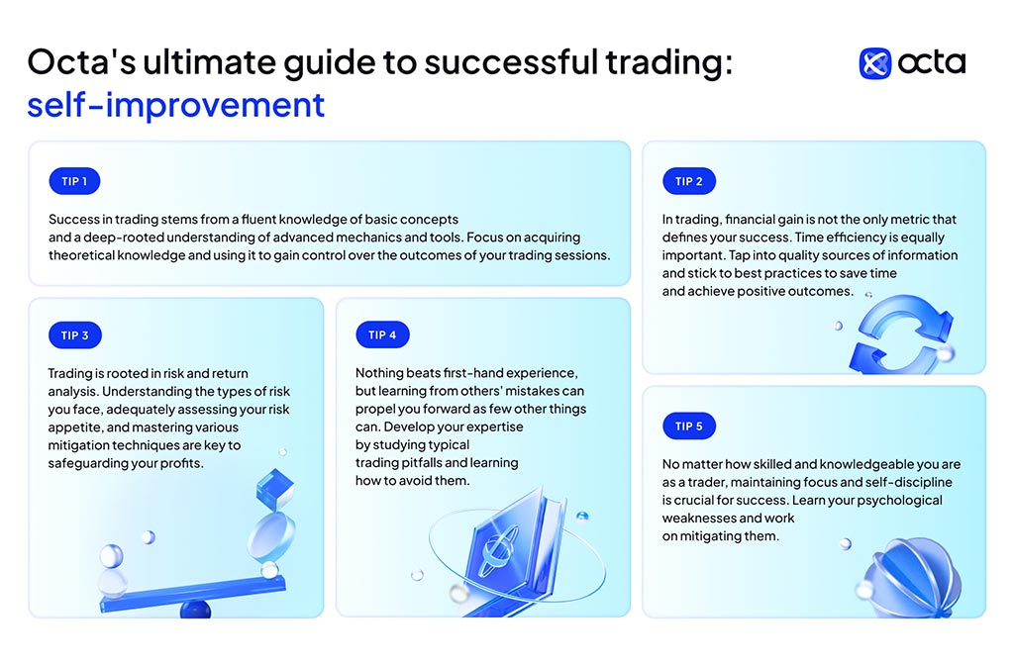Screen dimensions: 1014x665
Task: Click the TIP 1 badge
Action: pos(74,181)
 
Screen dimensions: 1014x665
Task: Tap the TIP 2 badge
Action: pos(689,181)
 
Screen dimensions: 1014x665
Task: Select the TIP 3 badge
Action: pos(75,334)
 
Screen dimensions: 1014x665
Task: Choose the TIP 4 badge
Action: pos(382,334)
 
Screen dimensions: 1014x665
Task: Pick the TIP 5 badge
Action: pos(689,426)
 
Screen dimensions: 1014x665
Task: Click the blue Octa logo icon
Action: pos(875,63)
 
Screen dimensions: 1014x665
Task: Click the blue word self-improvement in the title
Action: pos(176,105)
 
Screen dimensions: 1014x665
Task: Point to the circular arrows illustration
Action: pos(901,334)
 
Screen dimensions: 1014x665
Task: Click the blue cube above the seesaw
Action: pos(275,489)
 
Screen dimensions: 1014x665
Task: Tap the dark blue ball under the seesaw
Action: pos(195,609)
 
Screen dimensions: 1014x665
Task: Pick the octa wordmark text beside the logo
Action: pos(932,62)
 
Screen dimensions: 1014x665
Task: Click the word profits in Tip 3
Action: pos(183,463)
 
